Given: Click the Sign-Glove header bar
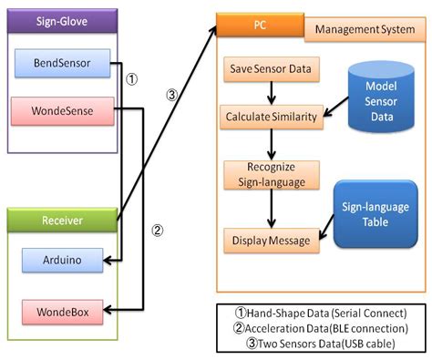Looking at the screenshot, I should click(61, 20).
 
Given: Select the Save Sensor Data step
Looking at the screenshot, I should click(271, 69).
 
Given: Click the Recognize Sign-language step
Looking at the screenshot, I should click(271, 174).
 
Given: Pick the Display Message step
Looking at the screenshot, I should click(271, 242).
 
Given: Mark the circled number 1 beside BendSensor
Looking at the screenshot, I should click(131, 79).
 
